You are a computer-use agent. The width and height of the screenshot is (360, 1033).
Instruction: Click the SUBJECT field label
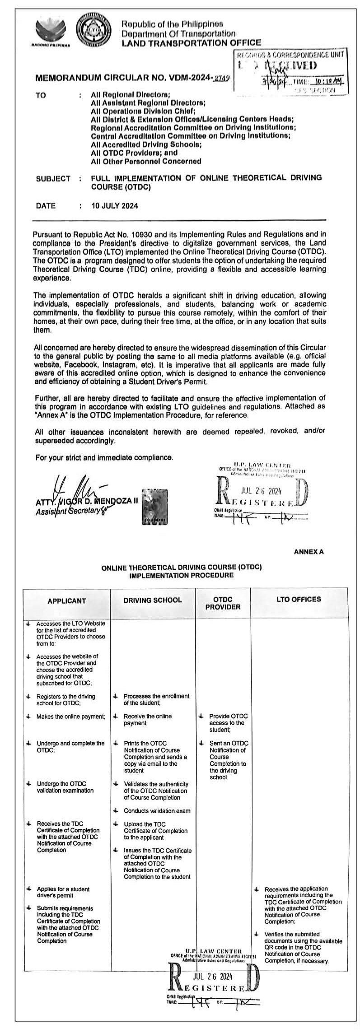pyautogui.click(x=53, y=178)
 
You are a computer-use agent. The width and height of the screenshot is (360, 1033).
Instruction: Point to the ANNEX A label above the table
pyautogui.click(x=309, y=552)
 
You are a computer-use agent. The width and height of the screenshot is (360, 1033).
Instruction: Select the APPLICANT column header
pyautogui.click(x=66, y=601)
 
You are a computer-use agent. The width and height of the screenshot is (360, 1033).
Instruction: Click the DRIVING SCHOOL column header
pyautogui.click(x=153, y=600)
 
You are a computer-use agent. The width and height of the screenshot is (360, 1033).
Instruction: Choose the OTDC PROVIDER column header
pyautogui.click(x=223, y=603)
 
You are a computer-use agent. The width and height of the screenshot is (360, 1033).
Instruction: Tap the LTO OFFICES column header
pyautogui.click(x=299, y=599)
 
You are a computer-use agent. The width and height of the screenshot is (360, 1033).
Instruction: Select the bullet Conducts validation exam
pyautogui.click(x=157, y=811)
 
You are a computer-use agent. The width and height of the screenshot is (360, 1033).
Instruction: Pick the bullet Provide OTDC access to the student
pyautogui.click(x=228, y=723)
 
